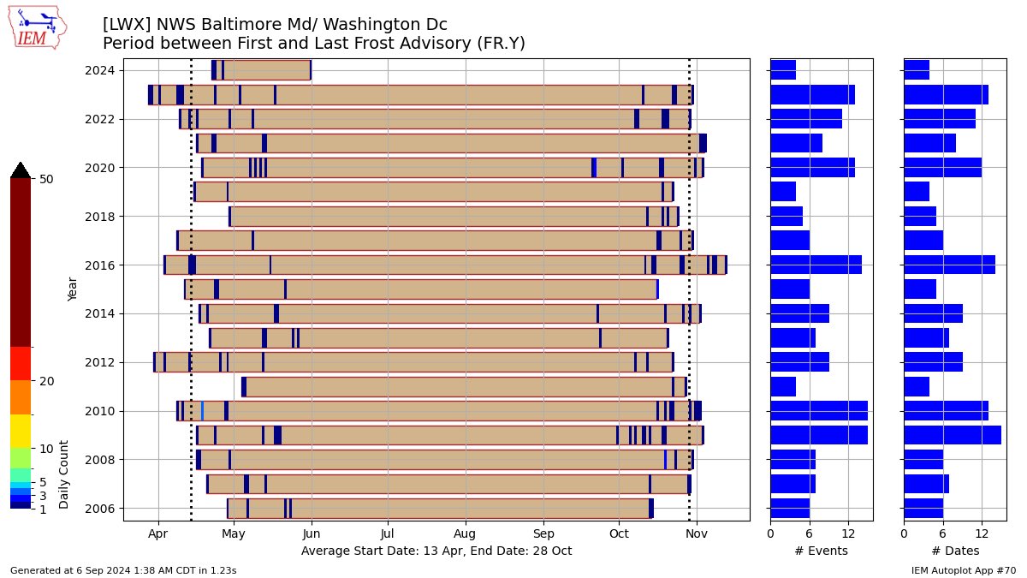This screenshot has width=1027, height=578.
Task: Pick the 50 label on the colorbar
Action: pyautogui.click(x=46, y=179)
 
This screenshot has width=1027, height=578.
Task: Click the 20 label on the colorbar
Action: pyautogui.click(x=46, y=381)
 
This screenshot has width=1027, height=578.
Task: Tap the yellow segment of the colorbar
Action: pyautogui.click(x=21, y=431)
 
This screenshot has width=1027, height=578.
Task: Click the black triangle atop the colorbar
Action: pyautogui.click(x=21, y=170)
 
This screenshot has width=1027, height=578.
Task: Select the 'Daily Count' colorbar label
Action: pyautogui.click(x=63, y=468)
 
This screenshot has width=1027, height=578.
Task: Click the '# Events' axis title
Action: pyautogui.click(x=821, y=551)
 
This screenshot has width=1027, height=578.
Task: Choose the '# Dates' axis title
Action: pyautogui.click(x=955, y=551)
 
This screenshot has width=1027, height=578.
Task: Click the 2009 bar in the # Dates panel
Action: pyautogui.click(x=952, y=435)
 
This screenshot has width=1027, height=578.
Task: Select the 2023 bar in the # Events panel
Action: pyautogui.click(x=812, y=94)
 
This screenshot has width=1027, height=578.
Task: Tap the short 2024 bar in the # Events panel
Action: pyautogui.click(x=783, y=70)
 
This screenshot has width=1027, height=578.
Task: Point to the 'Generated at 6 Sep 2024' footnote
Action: pyautogui.click(x=123, y=569)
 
